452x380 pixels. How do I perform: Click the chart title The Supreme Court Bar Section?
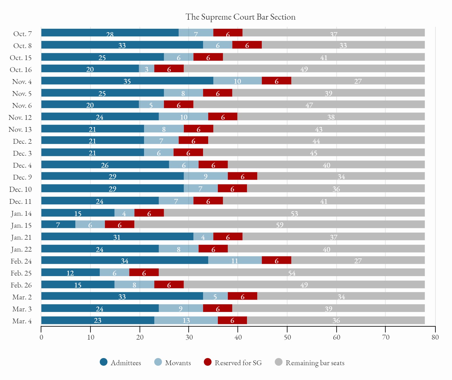(240, 17)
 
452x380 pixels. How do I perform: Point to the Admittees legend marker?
(104, 362)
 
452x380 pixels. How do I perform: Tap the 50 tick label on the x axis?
(287, 338)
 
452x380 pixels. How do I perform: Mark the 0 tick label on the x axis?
(41, 338)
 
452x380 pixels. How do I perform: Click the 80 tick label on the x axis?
(435, 338)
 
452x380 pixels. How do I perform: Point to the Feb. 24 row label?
(21, 261)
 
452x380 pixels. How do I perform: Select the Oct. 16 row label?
(21, 70)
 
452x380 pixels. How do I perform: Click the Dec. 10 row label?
(20, 189)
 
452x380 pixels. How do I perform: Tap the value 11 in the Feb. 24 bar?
(234, 261)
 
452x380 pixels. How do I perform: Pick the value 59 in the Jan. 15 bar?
(279, 225)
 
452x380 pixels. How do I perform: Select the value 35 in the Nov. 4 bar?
(127, 81)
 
